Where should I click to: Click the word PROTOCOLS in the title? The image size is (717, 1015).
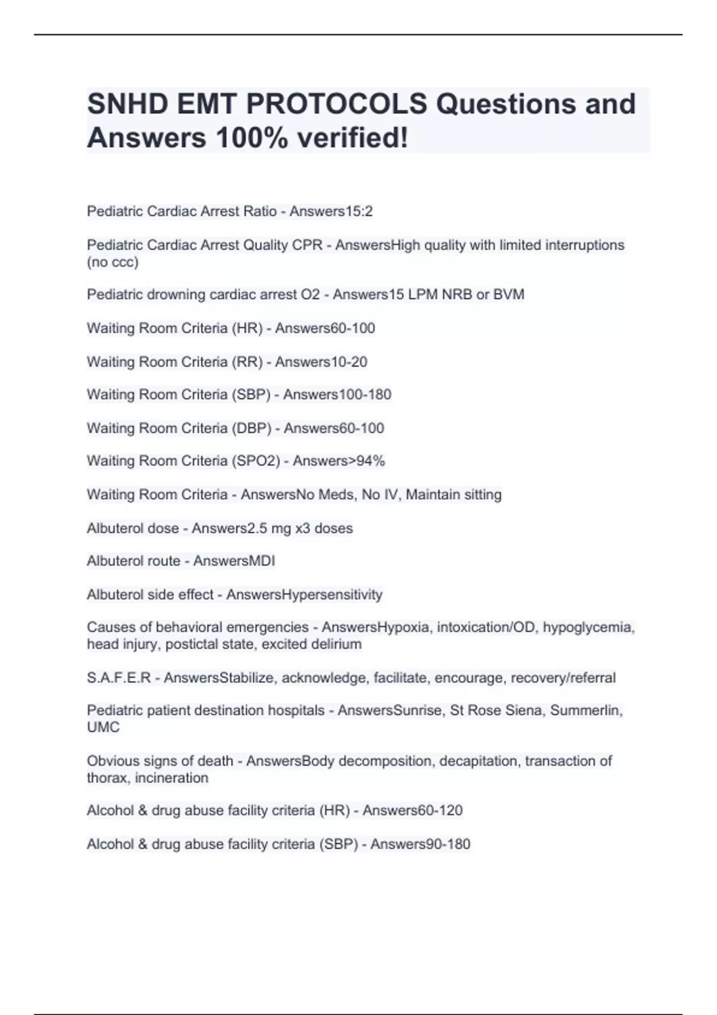[x=336, y=104]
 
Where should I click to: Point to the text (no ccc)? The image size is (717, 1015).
[x=112, y=262]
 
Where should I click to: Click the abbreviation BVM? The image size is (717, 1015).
[x=509, y=294]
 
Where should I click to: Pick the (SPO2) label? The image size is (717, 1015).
[x=256, y=461]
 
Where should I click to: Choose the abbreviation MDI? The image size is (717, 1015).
[x=263, y=561]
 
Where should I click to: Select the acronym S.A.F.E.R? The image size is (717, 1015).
[x=118, y=678]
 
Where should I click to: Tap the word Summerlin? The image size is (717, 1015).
[x=586, y=710]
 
